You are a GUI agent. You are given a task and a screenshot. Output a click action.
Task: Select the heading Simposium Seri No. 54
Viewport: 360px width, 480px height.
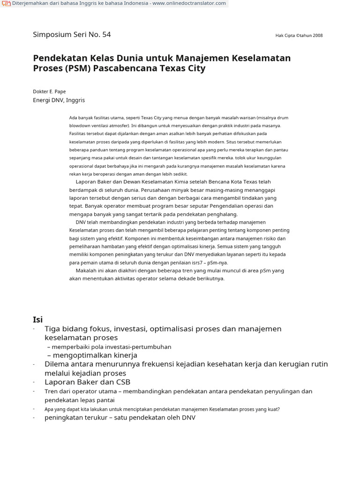click(x=72, y=34)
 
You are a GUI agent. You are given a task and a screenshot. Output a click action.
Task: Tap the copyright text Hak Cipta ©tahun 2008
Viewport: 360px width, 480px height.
click(x=299, y=36)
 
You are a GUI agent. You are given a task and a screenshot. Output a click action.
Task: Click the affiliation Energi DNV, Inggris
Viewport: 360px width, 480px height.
click(x=59, y=100)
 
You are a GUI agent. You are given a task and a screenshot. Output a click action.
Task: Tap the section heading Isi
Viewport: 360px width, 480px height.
click(x=37, y=320)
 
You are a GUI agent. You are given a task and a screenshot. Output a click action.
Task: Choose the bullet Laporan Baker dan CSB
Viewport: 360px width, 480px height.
click(x=87, y=382)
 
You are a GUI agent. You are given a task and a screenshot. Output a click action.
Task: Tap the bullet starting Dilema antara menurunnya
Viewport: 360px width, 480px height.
click(x=186, y=364)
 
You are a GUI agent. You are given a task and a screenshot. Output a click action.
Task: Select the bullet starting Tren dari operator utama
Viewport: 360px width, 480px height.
click(x=178, y=391)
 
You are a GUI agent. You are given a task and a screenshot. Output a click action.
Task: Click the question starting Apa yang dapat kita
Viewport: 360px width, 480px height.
click(x=162, y=409)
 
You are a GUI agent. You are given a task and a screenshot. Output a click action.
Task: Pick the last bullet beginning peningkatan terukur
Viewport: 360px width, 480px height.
click(x=120, y=418)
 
